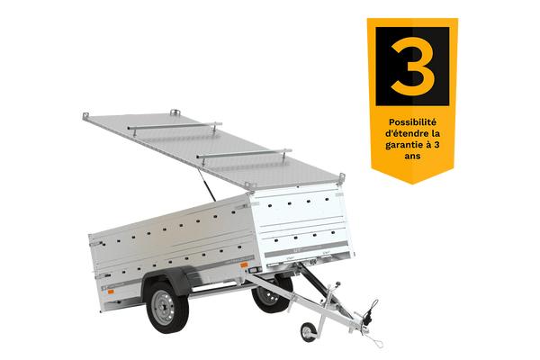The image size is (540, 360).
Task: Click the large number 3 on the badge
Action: point(412,66)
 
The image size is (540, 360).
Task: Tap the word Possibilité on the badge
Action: point(412,122)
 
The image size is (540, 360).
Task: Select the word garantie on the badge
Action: point(403,145)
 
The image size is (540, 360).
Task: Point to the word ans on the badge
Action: point(412,156)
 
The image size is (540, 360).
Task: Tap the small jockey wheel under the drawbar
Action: point(308,332)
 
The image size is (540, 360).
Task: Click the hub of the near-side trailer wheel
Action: point(163,307)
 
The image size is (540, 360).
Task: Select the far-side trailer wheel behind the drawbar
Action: point(272,294)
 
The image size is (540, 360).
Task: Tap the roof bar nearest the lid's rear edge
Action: point(175,127)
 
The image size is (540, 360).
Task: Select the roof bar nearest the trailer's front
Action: point(244,154)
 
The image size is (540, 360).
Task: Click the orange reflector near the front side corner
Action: point(244,265)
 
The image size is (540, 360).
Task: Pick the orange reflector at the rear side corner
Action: point(111,292)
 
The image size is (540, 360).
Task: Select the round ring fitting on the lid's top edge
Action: point(175,112)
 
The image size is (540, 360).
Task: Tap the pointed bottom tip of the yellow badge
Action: point(412,184)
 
